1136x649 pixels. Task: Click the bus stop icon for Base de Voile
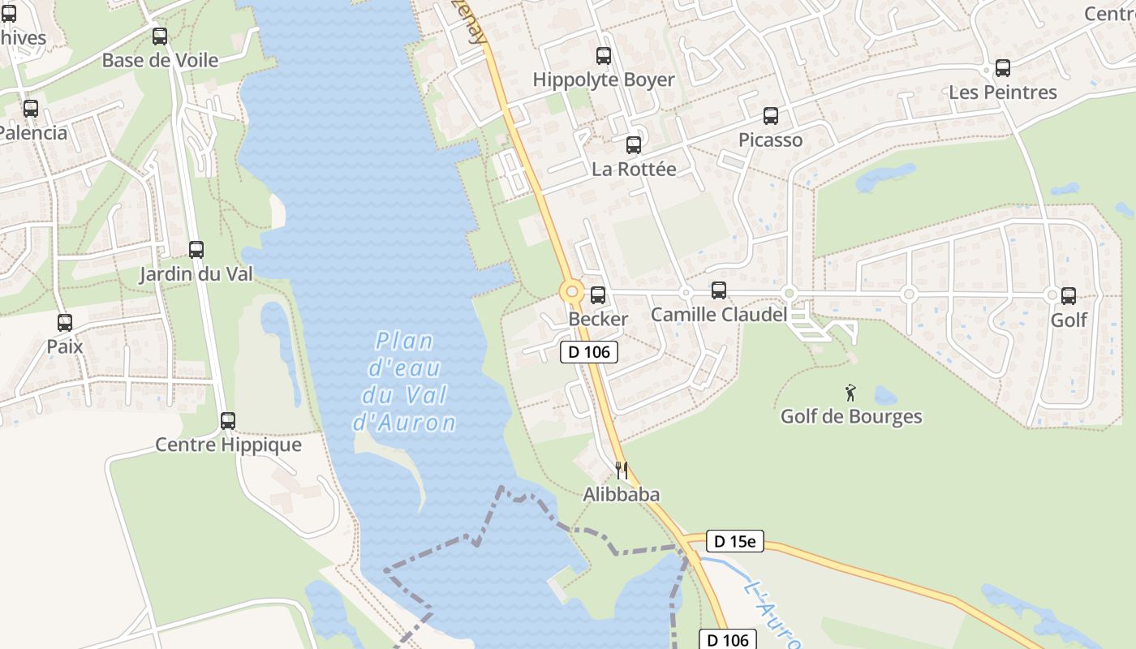click(x=160, y=37)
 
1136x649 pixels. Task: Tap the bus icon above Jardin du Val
click(x=196, y=250)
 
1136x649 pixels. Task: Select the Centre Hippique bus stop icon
click(x=228, y=421)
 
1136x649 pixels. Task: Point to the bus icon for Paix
click(x=65, y=323)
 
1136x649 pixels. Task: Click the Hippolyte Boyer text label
click(x=603, y=80)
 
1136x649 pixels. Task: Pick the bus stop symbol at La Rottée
click(x=634, y=145)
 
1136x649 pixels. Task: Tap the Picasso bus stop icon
click(x=771, y=116)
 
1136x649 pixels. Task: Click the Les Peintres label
click(x=1003, y=92)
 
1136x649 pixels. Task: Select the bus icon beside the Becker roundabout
click(x=598, y=295)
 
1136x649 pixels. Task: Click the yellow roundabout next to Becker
click(x=572, y=292)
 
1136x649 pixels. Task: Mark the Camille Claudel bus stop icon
click(x=719, y=290)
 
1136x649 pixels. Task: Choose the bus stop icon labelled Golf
click(x=1069, y=296)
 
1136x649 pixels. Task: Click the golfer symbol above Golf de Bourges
click(x=850, y=393)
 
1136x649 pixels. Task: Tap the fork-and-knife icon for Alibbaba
click(x=622, y=471)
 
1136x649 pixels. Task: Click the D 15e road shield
click(x=734, y=541)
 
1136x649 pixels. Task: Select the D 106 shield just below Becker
click(x=589, y=352)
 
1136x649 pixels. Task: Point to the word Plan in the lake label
click(x=405, y=341)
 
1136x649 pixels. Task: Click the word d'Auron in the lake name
click(x=405, y=423)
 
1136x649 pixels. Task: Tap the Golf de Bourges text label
click(x=851, y=416)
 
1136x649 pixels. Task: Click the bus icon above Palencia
click(x=31, y=109)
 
